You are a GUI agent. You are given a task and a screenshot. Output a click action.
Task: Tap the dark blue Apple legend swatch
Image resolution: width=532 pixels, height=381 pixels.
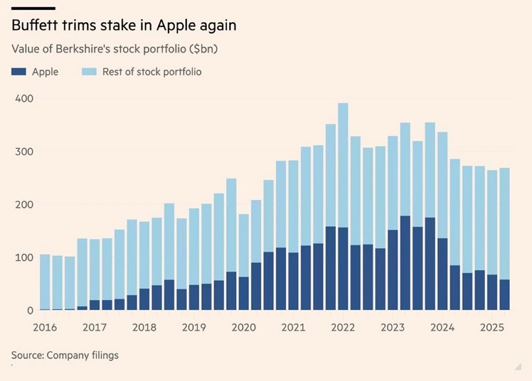pos(19,71)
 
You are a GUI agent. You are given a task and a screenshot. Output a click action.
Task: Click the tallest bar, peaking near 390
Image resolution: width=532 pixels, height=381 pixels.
pos(343,159)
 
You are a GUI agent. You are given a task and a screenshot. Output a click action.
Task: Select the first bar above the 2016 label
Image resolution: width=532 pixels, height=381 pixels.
pos(45,282)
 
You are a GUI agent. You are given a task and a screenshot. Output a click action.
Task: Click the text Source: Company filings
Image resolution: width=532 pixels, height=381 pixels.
pos(64,355)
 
